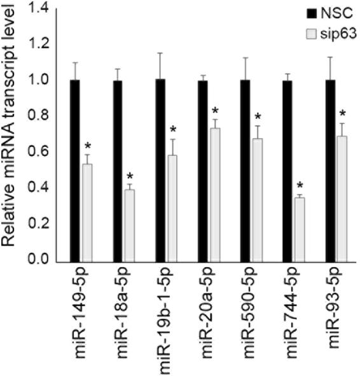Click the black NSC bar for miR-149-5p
[x=74, y=171]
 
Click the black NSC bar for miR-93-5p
[x=330, y=171]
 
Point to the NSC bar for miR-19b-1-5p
[x=160, y=171]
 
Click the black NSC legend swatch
[x=312, y=13]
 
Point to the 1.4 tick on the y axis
[x=42, y=8]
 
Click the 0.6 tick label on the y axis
[x=42, y=152]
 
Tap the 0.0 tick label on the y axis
[x=42, y=260]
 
